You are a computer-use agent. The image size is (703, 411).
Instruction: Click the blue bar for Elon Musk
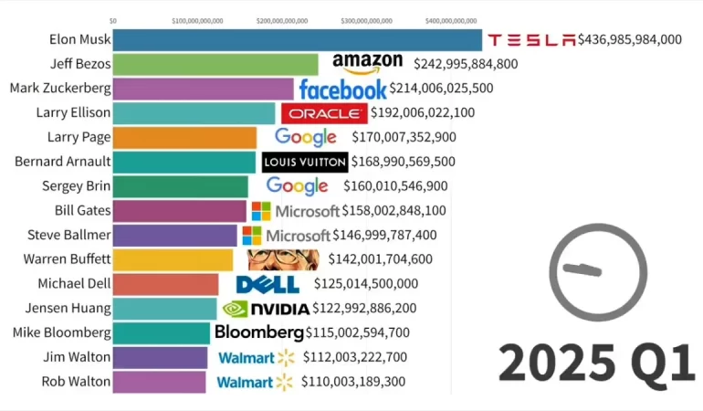point(297,40)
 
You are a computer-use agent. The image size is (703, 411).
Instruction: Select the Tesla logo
point(531,40)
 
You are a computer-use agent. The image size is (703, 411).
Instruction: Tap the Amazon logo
point(367,62)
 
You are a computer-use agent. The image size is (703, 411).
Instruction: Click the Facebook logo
point(342,90)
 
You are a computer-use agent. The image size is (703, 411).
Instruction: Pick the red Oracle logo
point(324,113)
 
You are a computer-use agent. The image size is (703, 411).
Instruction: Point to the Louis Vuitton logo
point(305,162)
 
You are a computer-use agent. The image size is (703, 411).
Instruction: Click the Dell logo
point(268,285)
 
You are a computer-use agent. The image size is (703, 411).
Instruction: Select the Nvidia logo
point(266,309)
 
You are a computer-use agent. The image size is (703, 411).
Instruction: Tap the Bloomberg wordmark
point(258,332)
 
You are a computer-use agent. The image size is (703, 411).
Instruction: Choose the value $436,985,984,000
point(630,39)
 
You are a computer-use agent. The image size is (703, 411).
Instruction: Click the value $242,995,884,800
point(466,64)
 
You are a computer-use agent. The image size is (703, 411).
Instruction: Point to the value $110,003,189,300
point(351,382)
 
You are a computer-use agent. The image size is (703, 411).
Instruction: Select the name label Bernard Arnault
point(63,162)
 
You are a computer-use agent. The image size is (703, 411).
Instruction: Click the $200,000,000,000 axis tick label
point(282,19)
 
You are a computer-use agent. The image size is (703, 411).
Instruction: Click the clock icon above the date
point(598,271)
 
